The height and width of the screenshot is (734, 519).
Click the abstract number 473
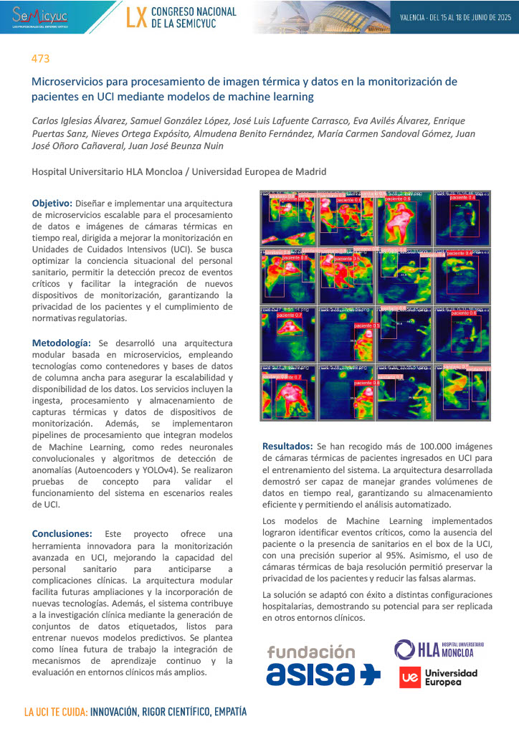pos(41,58)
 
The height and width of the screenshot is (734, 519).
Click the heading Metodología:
pos(61,343)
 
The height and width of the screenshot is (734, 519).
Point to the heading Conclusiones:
pos(62,534)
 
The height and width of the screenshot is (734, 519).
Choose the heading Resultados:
pos(287,446)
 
